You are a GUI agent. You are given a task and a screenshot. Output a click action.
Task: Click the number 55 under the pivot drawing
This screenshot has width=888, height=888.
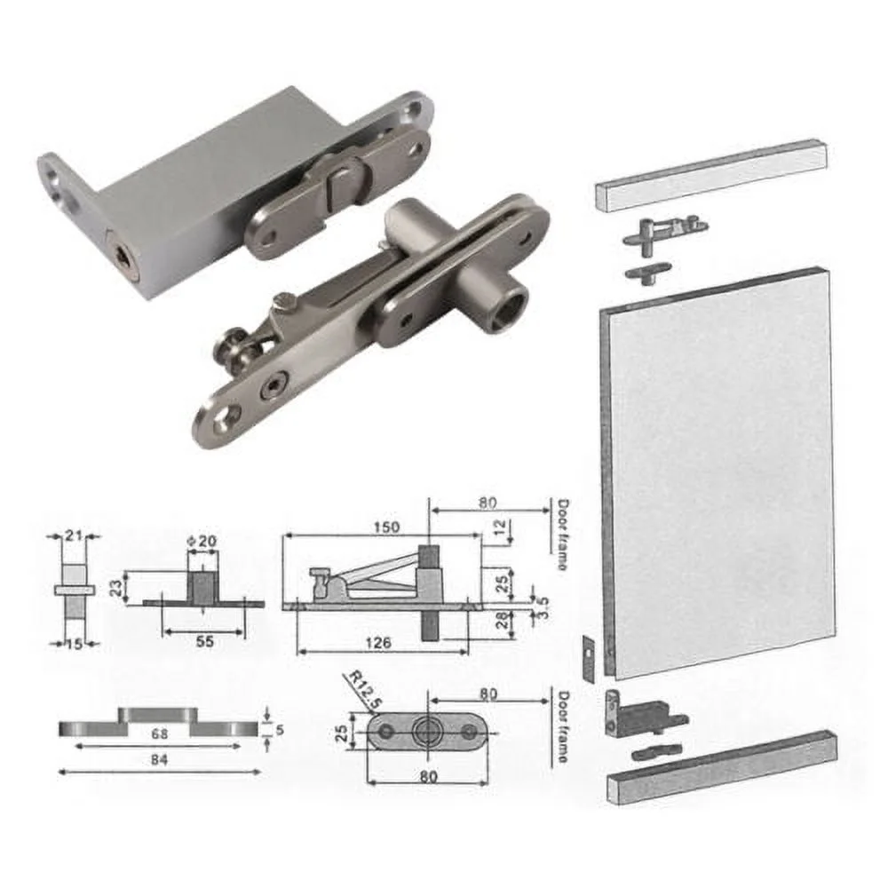click(204, 642)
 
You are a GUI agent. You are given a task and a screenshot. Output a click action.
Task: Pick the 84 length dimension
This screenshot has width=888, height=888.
click(159, 759)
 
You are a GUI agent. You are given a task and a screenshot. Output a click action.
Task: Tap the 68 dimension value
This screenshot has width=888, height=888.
click(159, 735)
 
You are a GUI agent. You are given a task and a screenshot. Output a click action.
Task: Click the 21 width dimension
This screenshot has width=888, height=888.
click(74, 534)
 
